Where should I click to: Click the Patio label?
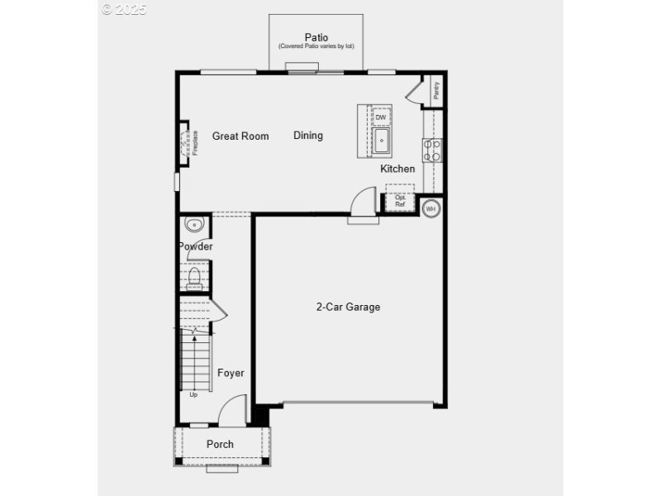[x=316, y=37]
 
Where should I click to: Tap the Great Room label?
[x=240, y=136]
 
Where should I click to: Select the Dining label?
[x=308, y=136]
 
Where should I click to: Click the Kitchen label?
[x=397, y=169]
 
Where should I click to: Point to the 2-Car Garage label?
[x=348, y=307]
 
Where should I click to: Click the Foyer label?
[x=231, y=373]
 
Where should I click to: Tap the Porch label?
[x=220, y=444]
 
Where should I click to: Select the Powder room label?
[x=196, y=246]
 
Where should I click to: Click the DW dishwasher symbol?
[x=381, y=117]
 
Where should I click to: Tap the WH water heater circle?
[x=430, y=208]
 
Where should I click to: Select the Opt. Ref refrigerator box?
[x=401, y=202]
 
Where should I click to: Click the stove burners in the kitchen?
[x=432, y=150]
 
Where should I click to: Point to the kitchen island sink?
[x=381, y=141]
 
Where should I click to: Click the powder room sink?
[x=194, y=224]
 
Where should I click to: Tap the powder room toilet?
[x=195, y=278]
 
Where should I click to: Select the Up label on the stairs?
[x=193, y=394]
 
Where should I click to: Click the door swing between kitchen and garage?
[x=364, y=203]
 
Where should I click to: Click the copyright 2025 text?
[x=125, y=9]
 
